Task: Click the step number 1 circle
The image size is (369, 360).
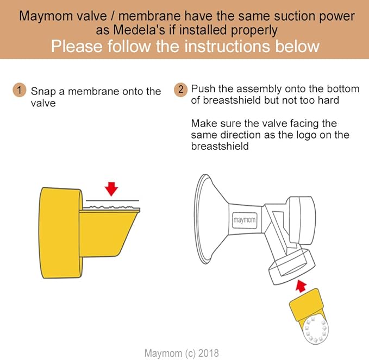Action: tap(19, 91)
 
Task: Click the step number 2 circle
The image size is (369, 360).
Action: tap(181, 89)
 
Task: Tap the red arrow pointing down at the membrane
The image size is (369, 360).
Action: tap(111, 188)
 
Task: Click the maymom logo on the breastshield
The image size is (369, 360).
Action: tap(245, 221)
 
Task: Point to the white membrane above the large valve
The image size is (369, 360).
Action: tap(111, 207)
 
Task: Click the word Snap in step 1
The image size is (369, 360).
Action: tap(42, 92)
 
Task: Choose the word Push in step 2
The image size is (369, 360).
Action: tap(203, 89)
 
